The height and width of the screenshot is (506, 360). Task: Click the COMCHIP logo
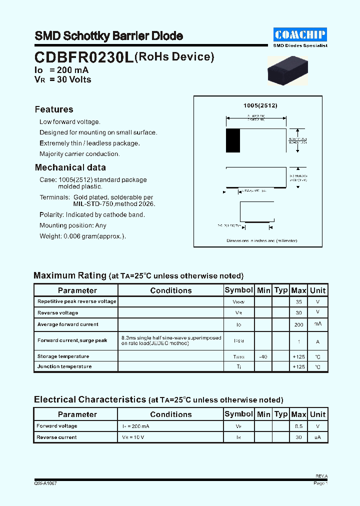[300, 34]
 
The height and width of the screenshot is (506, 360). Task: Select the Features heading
[54, 109]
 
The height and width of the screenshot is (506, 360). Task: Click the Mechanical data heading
[70, 167]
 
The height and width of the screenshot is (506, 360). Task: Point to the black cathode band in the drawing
[232, 140]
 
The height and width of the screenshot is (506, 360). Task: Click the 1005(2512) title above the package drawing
[260, 105]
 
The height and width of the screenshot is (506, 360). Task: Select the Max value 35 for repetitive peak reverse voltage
[298, 302]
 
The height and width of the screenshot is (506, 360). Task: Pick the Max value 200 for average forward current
[298, 324]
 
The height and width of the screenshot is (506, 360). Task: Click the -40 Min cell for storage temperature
[263, 356]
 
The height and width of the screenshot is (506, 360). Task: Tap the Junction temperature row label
[64, 366]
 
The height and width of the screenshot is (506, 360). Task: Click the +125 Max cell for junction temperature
[298, 366]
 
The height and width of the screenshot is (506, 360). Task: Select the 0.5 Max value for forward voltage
[298, 426]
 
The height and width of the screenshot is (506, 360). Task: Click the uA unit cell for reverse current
[317, 437]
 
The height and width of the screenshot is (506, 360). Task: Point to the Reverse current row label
[56, 437]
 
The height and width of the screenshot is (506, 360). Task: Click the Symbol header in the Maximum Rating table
[239, 290]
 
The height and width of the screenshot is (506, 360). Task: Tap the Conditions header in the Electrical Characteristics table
[170, 414]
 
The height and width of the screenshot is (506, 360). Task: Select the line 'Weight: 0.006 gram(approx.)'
[82, 236]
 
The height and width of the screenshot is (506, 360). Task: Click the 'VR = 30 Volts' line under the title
[63, 79]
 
